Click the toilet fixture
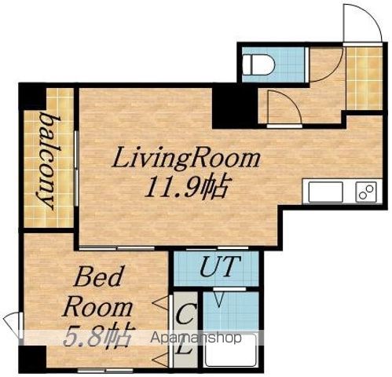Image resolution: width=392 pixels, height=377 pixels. [x=258, y=64]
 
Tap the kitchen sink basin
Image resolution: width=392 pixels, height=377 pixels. [x=325, y=192]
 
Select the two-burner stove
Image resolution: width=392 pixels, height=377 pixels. [x=366, y=192]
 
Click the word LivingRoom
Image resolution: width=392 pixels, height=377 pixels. [x=186, y=158]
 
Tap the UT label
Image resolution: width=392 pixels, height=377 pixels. [x=220, y=266]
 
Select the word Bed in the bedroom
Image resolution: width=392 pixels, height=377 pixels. [x=98, y=276]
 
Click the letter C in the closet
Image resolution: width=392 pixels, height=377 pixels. [x=185, y=313]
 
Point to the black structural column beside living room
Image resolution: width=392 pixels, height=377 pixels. [x=235, y=108]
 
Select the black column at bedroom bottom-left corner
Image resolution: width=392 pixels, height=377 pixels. [x=32, y=357]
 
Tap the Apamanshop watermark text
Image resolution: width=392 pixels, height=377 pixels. [x=196, y=338]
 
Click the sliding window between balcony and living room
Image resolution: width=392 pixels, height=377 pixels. [x=76, y=168]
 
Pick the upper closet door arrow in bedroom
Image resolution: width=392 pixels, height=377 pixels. [x=160, y=303]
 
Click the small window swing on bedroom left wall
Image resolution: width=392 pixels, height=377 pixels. [x=12, y=325]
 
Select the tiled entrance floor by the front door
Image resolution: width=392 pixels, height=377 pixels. [x=364, y=79]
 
